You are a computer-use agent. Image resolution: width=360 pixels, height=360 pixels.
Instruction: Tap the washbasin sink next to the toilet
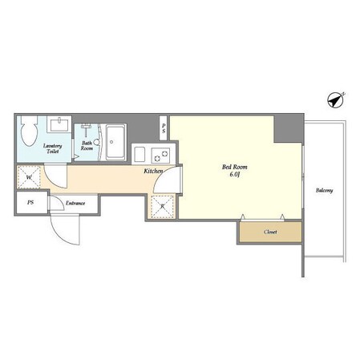pyautogui.click(x=59, y=124)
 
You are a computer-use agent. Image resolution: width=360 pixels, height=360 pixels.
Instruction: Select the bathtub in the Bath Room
pyautogui.click(x=115, y=142)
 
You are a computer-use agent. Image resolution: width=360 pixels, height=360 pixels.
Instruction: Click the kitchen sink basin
pyautogui.click(x=140, y=155)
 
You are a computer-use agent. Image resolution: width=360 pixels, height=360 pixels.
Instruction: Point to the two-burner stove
pyautogui.click(x=160, y=156)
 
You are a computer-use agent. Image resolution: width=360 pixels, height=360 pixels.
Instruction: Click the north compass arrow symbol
pyautogui.click(x=336, y=100)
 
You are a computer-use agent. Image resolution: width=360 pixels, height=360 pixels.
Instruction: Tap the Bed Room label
pyautogui.click(x=235, y=167)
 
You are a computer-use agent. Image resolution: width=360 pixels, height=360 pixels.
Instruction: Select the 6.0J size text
pyautogui.click(x=234, y=175)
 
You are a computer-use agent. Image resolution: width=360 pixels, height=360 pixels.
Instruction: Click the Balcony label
pyautogui.click(x=324, y=191)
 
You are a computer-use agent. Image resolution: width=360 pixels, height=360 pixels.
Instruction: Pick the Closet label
pyautogui.click(x=270, y=232)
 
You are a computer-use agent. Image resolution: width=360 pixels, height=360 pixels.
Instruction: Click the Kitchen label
pyautogui.click(x=153, y=171)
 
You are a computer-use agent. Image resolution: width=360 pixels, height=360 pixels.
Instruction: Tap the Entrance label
pyautogui.click(x=75, y=203)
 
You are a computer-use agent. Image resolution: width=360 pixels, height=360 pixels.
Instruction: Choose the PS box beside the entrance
pyautogui.click(x=31, y=202)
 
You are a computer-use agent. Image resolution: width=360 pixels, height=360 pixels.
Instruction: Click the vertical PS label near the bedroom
pyautogui.click(x=164, y=128)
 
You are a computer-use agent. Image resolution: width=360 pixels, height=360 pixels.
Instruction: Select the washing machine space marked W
pyautogui.click(x=29, y=177)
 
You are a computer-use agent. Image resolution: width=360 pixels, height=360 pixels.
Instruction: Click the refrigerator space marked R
pyautogui.click(x=163, y=207)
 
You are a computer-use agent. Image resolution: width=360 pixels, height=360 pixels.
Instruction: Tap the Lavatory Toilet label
pyautogui.click(x=52, y=148)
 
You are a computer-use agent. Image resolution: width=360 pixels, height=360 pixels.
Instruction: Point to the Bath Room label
pyautogui.click(x=87, y=146)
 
